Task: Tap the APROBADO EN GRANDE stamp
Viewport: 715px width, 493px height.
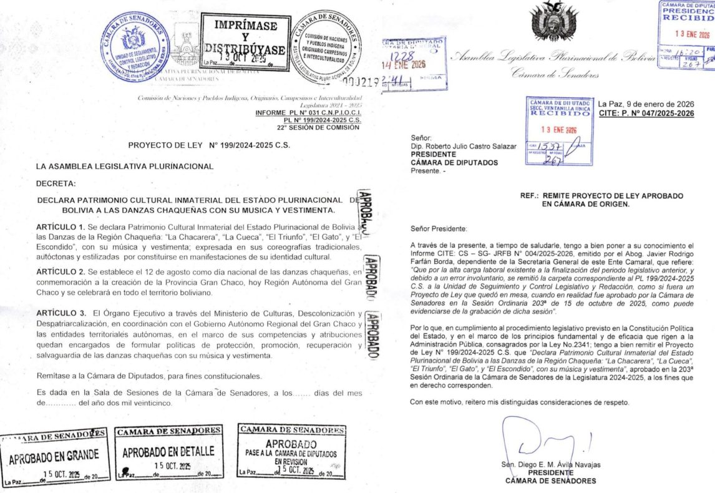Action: click(x=54, y=457)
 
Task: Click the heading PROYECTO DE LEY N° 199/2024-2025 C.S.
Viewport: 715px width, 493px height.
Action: click(x=209, y=145)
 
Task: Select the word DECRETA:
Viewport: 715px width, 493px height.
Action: click(x=56, y=183)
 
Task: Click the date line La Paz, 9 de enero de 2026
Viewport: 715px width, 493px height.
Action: click(x=646, y=104)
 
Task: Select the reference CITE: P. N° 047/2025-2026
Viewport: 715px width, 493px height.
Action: click(x=646, y=113)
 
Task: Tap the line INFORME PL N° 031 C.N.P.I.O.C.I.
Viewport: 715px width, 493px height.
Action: click(x=308, y=112)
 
